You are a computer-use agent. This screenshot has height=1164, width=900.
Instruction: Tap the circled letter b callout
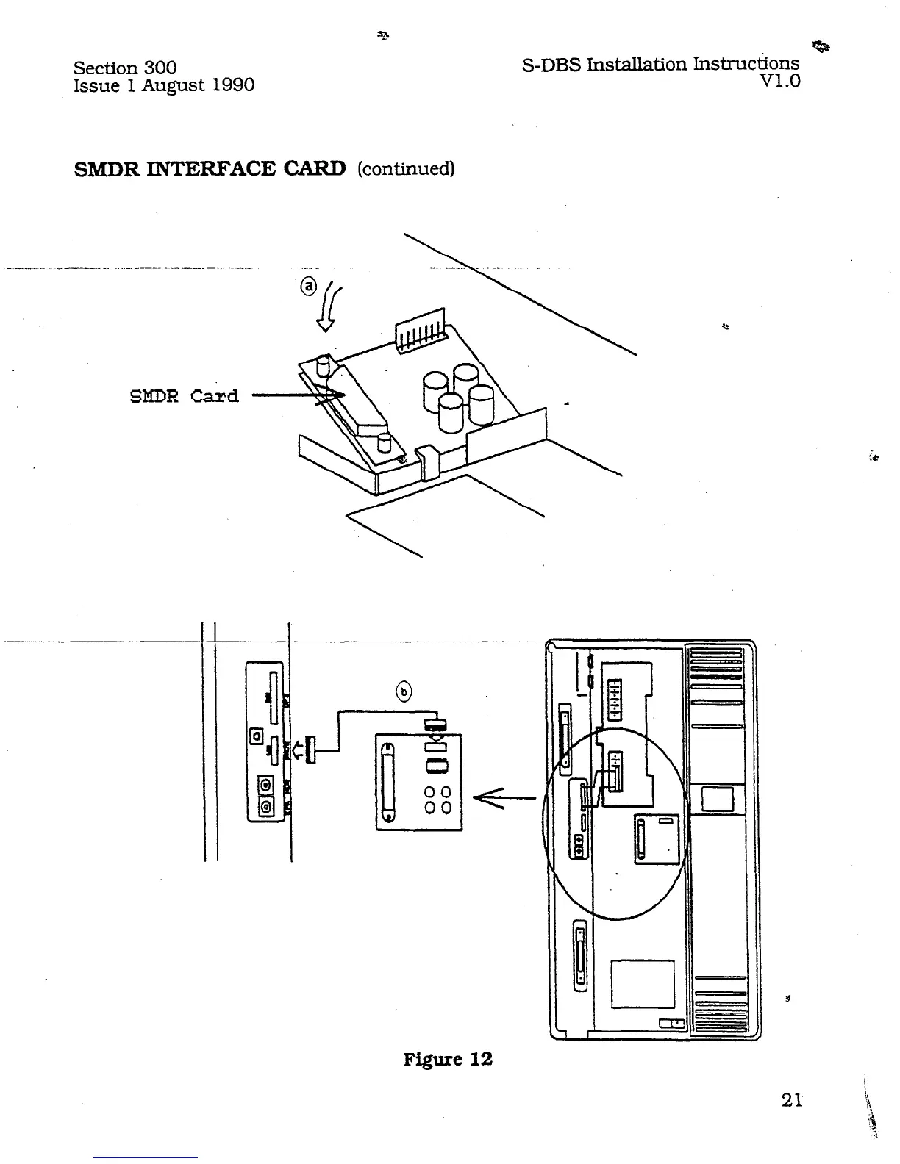pos(404,691)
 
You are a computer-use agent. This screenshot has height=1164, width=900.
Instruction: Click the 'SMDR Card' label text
pos(184,396)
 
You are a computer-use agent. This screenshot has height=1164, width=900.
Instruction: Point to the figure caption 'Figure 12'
pos(447,1059)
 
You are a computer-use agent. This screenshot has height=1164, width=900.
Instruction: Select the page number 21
pos(791,1099)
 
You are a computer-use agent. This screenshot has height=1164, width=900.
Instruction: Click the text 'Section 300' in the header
pos(125,68)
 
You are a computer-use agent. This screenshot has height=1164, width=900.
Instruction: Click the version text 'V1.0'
pos(780,81)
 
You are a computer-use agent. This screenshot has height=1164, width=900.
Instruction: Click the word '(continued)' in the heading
pos(406,169)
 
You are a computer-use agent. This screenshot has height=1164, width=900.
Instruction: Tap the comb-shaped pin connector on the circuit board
pos(421,328)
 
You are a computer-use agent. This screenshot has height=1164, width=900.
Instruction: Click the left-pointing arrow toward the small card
pos(504,797)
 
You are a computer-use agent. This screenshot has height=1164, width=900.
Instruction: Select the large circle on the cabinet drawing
pos(615,824)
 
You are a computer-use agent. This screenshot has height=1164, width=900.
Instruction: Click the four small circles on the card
pos(438,800)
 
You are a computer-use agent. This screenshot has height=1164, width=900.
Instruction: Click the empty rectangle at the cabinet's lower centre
pos(642,983)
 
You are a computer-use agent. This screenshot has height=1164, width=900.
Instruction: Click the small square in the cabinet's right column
pos(717,799)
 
